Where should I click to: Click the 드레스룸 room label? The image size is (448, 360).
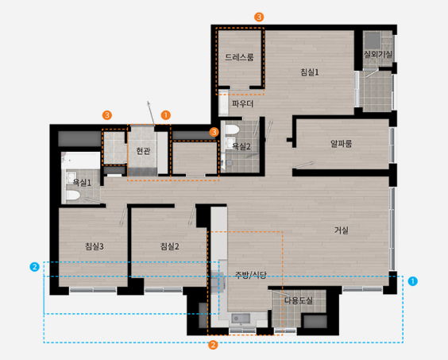[239, 57]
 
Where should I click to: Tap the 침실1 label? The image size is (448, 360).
[310, 72]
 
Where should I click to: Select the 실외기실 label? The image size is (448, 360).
[378, 54]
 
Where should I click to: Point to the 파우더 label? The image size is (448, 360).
[242, 103]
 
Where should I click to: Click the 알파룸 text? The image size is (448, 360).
[341, 144]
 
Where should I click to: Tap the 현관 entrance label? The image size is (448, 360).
[143, 151]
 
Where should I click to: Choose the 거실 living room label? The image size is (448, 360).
[342, 230]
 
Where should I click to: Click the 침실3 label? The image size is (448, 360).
[95, 246]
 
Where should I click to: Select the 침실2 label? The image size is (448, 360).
[170, 246]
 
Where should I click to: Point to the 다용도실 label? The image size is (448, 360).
[299, 300]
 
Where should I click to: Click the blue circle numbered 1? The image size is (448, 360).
[412, 281]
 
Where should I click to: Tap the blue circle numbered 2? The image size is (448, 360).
[35, 267]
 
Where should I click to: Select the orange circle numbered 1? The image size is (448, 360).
[166, 115]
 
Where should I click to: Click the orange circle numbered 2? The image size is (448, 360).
[213, 345]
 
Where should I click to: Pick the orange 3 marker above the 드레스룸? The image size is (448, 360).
[259, 17]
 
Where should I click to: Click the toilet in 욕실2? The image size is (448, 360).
[232, 130]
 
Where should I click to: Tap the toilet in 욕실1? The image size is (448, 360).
[73, 195]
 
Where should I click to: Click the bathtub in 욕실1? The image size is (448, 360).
[81, 161]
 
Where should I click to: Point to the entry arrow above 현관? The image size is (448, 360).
[151, 113]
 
